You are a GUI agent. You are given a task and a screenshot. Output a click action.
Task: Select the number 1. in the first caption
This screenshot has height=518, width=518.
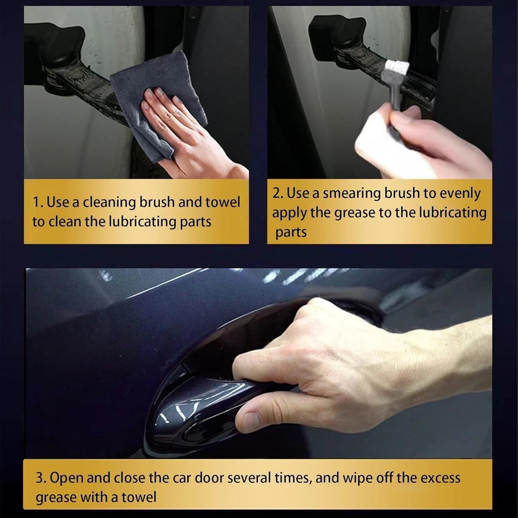pos(38,202)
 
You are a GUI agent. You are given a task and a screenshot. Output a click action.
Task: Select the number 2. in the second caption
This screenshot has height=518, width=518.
pos(279,193)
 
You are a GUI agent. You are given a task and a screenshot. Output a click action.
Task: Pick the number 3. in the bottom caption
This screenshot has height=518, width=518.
pos(42,478)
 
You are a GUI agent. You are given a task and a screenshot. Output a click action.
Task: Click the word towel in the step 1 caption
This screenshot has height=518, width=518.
pos(222,202)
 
